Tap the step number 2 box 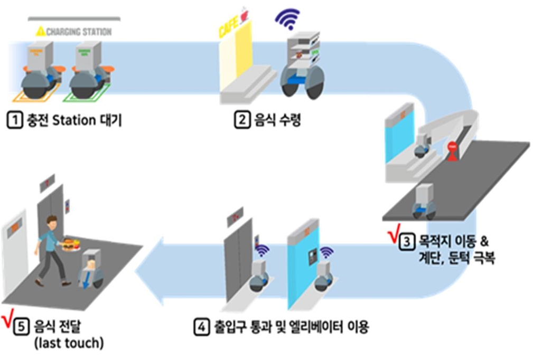[241, 120]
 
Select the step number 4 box [201, 327]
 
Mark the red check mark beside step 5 [8, 319]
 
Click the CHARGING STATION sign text [79, 32]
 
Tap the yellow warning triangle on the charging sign [40, 32]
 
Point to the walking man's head [52, 221]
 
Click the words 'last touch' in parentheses [69, 343]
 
